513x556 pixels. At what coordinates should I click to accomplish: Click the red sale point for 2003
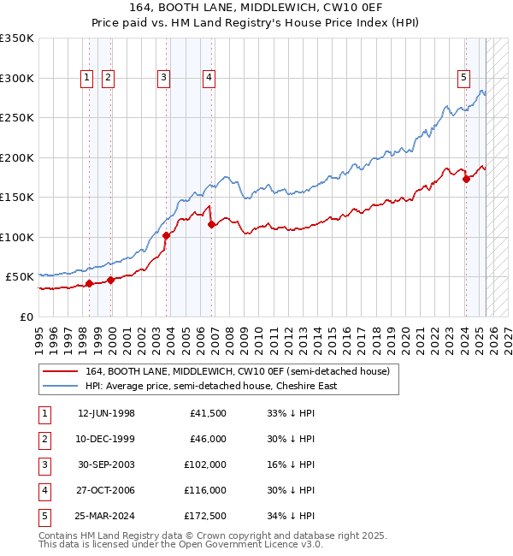pyautogui.click(x=166, y=236)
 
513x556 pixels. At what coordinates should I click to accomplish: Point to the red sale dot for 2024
pyautogui.click(x=466, y=180)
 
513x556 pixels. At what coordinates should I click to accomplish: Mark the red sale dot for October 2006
pyautogui.click(x=211, y=225)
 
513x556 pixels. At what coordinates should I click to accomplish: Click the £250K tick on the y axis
pyautogui.click(x=17, y=118)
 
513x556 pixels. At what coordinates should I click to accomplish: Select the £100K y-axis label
pyautogui.click(x=17, y=237)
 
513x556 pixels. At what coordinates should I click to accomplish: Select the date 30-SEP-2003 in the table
pyautogui.click(x=106, y=465)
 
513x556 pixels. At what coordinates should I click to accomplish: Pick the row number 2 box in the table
pyautogui.click(x=44, y=440)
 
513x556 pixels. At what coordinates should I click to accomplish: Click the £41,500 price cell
pyautogui.click(x=209, y=414)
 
